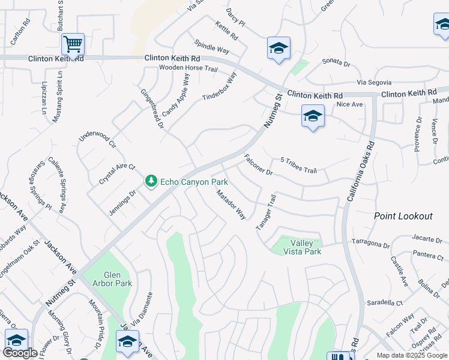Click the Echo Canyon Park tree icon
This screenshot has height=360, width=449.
point(151,181)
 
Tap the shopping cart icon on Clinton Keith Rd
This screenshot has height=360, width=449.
point(73,43)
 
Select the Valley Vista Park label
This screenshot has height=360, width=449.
point(306,247)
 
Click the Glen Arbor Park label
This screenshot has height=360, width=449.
point(108,279)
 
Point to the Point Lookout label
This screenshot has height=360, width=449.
point(403,216)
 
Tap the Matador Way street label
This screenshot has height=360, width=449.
point(231,205)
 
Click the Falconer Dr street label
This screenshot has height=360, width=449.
point(258,165)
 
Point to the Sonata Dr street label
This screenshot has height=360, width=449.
point(336,62)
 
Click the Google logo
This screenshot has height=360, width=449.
point(20,353)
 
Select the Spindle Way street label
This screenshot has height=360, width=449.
point(212,47)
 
